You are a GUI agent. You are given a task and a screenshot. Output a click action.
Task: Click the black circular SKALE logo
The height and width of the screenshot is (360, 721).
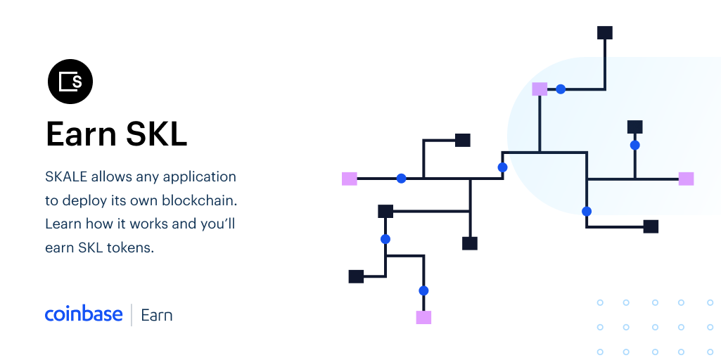pyautogui.click(x=70, y=82)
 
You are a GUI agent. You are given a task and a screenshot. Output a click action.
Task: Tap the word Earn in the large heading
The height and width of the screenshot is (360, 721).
pyautogui.click(x=82, y=134)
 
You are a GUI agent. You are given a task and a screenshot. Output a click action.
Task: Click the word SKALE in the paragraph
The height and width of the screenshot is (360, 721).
pyautogui.click(x=66, y=176)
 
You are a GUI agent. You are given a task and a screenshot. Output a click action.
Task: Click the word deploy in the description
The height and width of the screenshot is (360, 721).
pyautogui.click(x=86, y=201)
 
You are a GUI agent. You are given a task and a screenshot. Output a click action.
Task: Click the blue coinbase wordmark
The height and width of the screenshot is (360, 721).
pyautogui.click(x=84, y=314)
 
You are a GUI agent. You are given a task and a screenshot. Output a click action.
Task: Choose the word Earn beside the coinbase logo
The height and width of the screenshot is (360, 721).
pyautogui.click(x=157, y=316)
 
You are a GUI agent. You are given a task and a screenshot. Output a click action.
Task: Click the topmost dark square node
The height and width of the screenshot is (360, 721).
pyautogui.click(x=605, y=32)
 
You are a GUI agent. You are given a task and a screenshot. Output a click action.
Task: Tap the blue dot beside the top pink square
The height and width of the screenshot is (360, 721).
pyautogui.click(x=561, y=89)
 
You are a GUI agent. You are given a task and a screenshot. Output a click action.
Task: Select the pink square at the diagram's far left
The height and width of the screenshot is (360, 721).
pyautogui.click(x=350, y=179)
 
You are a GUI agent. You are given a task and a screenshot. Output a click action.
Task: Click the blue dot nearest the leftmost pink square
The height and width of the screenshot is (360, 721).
pyautogui.click(x=402, y=179)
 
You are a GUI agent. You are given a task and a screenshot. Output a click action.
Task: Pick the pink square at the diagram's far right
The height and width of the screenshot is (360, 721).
pyautogui.click(x=686, y=179)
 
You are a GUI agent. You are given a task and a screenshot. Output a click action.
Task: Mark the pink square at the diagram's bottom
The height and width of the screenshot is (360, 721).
pyautogui.click(x=423, y=317)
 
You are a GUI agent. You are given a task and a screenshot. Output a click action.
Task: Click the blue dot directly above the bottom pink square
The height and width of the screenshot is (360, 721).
pyautogui.click(x=423, y=290)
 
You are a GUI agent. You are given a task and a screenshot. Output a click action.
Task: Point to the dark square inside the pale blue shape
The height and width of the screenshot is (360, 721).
pyautogui.click(x=634, y=127)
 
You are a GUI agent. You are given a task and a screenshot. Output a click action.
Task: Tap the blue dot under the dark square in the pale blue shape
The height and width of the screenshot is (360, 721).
pyautogui.click(x=634, y=146)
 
